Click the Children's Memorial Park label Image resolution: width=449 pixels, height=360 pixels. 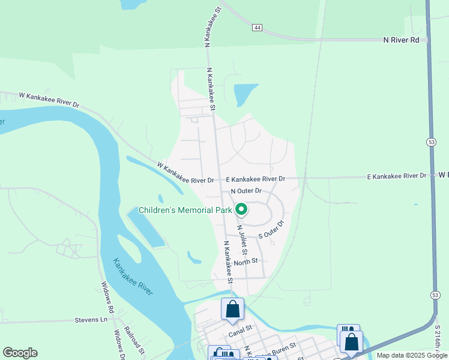click(185, 211)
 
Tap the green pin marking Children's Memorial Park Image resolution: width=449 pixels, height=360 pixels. click(241, 209)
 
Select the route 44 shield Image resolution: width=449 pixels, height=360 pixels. click(257, 28)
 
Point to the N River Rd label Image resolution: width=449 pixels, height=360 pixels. click(402, 40)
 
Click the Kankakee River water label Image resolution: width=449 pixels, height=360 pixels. click(133, 277)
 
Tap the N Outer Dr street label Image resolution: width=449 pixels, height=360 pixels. click(246, 191)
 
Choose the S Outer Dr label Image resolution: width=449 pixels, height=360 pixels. click(271, 230)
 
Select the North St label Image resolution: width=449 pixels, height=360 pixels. click(246, 261)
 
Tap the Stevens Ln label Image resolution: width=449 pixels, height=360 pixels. click(91, 320)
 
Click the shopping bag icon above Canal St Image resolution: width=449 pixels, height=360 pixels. click(233, 310)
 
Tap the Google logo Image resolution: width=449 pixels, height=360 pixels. click(20, 353)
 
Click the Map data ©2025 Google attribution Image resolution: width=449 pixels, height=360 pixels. click(412, 355)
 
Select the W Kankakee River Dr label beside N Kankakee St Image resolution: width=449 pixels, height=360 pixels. click(185, 173)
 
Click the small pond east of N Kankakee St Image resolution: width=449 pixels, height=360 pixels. click(245, 94)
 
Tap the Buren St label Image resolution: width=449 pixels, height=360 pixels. click(284, 348)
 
